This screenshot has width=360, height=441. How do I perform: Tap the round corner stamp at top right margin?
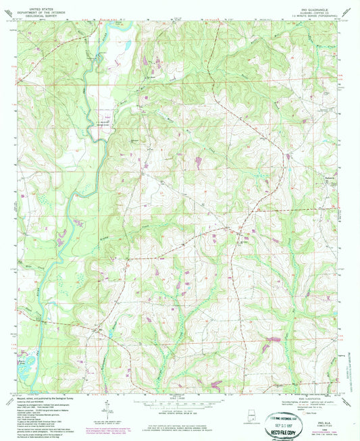(x=346, y=11)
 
